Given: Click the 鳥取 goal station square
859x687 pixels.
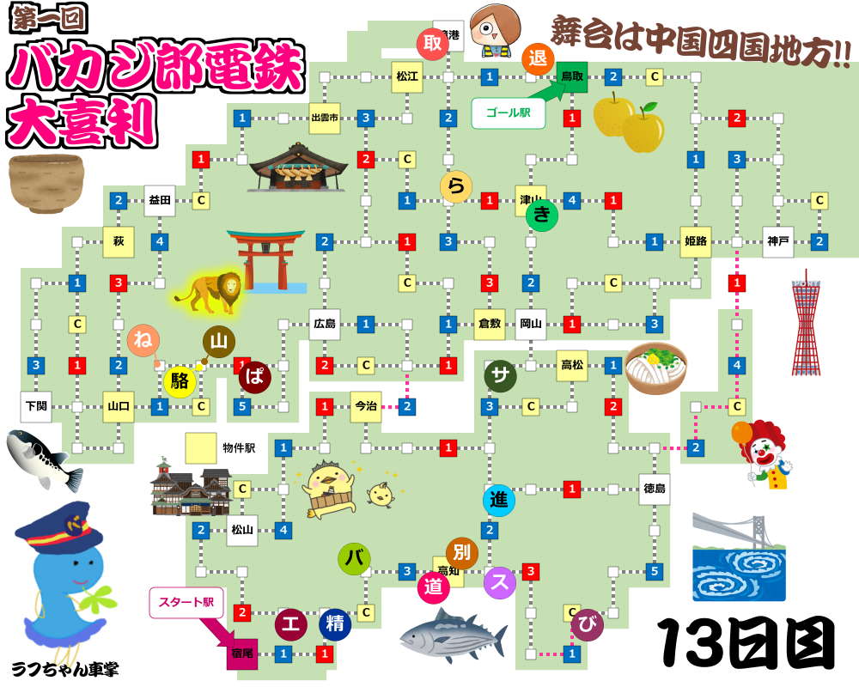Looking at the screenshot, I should [x=571, y=76].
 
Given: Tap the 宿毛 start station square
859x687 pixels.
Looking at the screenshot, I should [x=242, y=654].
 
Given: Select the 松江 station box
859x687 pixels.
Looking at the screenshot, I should [x=407, y=76].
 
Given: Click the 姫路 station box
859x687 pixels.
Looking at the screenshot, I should [x=696, y=241].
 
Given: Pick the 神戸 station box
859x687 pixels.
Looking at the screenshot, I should [x=778, y=241].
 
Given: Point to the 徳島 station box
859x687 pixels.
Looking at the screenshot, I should [x=655, y=489].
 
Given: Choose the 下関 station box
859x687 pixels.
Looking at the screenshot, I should [x=36, y=406].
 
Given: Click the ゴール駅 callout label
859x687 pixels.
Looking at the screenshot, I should [x=509, y=112].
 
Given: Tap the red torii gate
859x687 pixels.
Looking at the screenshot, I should [x=265, y=258].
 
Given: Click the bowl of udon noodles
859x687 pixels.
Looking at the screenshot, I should [x=656, y=369].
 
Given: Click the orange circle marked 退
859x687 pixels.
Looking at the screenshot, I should [x=538, y=58].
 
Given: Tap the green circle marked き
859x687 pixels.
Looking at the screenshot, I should [x=542, y=216].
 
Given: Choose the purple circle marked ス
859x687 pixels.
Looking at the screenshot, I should [x=500, y=583].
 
